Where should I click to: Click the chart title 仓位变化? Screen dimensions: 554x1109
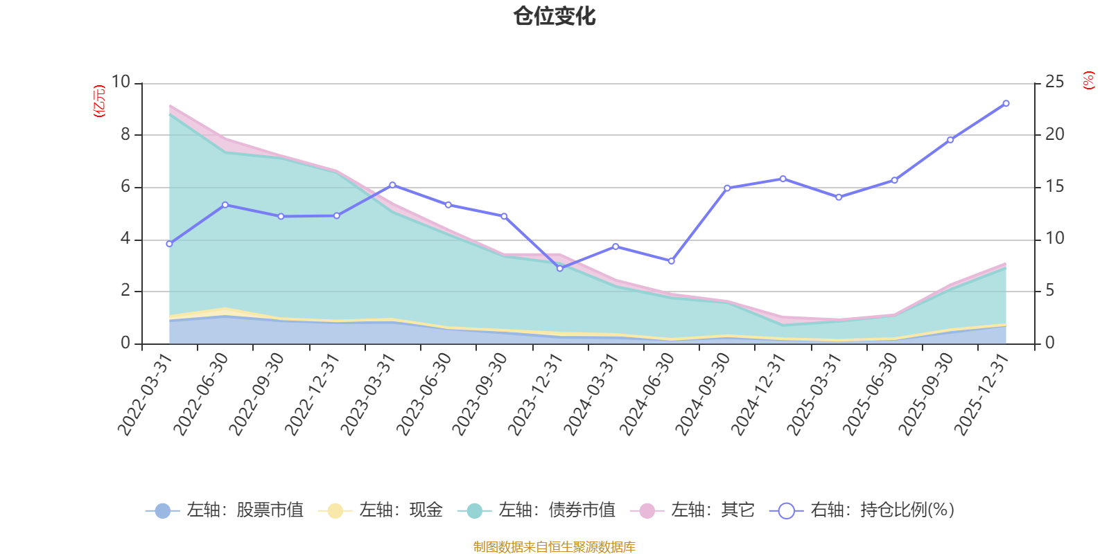(554, 16)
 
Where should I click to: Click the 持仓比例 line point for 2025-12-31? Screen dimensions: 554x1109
(1006, 103)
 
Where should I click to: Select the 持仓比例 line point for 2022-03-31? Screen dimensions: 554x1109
(169, 244)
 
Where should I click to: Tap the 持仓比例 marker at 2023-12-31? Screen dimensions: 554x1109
(560, 268)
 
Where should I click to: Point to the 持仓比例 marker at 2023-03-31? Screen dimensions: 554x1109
(392, 185)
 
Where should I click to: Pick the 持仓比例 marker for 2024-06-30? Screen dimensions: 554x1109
(671, 261)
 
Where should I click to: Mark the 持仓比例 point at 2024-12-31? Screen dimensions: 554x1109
(783, 179)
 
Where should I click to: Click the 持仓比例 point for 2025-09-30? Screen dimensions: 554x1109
(950, 140)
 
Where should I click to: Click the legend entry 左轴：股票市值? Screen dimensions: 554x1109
(225, 510)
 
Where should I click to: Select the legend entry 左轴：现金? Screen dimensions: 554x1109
(381, 510)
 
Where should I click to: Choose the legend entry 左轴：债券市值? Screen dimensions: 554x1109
(536, 510)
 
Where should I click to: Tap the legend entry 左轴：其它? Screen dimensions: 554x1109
(692, 510)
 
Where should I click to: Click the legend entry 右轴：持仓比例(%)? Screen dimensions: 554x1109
(862, 510)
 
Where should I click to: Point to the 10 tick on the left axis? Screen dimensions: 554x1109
(121, 82)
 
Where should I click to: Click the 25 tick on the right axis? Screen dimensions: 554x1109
(1054, 82)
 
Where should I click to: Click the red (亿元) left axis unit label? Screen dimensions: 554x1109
(100, 101)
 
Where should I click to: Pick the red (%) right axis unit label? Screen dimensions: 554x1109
(1089, 80)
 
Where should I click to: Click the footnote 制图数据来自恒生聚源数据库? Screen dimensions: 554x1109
(554, 547)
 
